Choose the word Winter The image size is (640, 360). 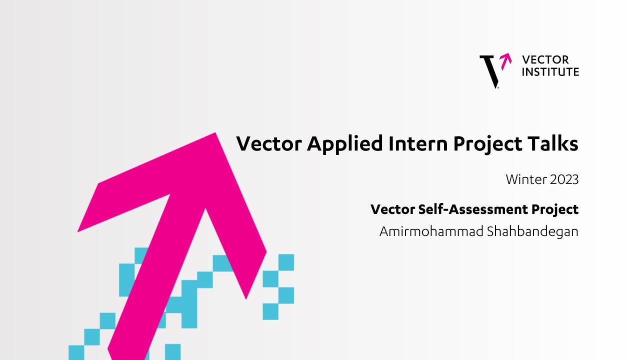click(x=526, y=179)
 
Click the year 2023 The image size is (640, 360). click(x=564, y=179)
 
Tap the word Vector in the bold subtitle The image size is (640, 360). click(x=392, y=209)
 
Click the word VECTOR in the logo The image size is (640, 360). click(x=545, y=60)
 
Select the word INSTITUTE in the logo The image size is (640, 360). click(x=550, y=72)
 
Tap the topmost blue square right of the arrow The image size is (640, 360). click(x=286, y=262)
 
